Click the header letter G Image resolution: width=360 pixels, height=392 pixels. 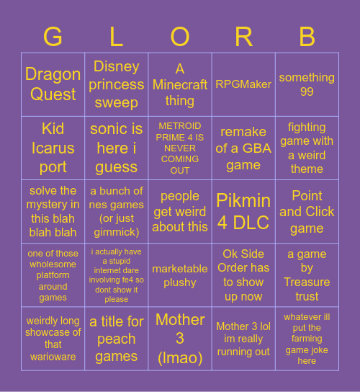53,36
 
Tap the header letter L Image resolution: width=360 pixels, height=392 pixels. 117,36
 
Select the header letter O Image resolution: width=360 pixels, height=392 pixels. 180,36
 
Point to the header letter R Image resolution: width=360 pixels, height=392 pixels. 243,36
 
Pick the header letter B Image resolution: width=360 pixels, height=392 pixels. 307,36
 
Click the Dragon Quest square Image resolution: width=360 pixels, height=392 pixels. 53,84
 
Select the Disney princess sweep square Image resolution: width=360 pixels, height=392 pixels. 117,84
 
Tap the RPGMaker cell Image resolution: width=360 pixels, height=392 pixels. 243,84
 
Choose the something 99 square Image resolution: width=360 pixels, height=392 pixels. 307,84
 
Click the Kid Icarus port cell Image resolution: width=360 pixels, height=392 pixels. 53,148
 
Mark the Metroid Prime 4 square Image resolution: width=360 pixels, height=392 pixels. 180,148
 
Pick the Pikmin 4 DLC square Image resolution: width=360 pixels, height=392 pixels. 243,211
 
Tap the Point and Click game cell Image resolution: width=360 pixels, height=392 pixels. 307,211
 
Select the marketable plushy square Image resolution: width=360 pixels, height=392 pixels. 180,275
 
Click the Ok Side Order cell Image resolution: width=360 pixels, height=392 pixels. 243,275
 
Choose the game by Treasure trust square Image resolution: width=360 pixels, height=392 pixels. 307,275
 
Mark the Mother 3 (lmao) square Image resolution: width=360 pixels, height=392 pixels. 180,339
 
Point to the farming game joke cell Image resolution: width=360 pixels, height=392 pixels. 307,339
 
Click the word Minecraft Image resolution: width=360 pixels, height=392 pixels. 180,85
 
